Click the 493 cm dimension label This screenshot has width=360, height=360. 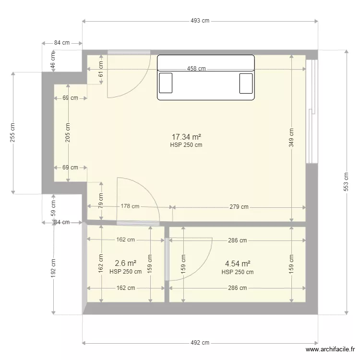tap(200, 21)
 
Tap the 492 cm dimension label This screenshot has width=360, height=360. tap(200, 343)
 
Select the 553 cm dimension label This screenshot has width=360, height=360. tap(346, 182)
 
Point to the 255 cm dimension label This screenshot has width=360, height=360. tap(12, 132)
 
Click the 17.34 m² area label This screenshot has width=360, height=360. tap(186, 137)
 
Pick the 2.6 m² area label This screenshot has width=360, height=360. tap(126, 263)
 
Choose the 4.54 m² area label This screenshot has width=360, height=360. tap(238, 264)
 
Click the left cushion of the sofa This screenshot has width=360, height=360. tap(166, 83)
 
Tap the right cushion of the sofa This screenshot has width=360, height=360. tap(246, 83)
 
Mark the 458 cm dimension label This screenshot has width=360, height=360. tap(196, 69)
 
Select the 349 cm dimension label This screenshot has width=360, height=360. tap(291, 138)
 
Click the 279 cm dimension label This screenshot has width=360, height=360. tap(239, 207)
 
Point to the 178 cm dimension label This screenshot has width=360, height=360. tap(130, 206)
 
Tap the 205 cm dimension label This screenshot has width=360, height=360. tap(68, 132)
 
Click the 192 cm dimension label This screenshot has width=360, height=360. tap(53, 268)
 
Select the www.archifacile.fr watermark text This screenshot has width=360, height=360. tap(330, 349)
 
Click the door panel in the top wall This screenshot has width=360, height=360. tap(129, 52)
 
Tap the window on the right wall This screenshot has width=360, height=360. tap(312, 111)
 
